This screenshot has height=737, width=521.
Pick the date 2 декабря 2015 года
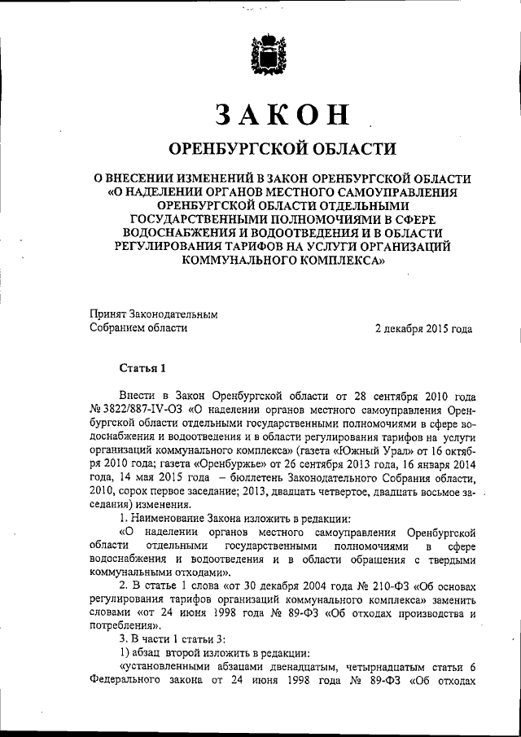(422, 329)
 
